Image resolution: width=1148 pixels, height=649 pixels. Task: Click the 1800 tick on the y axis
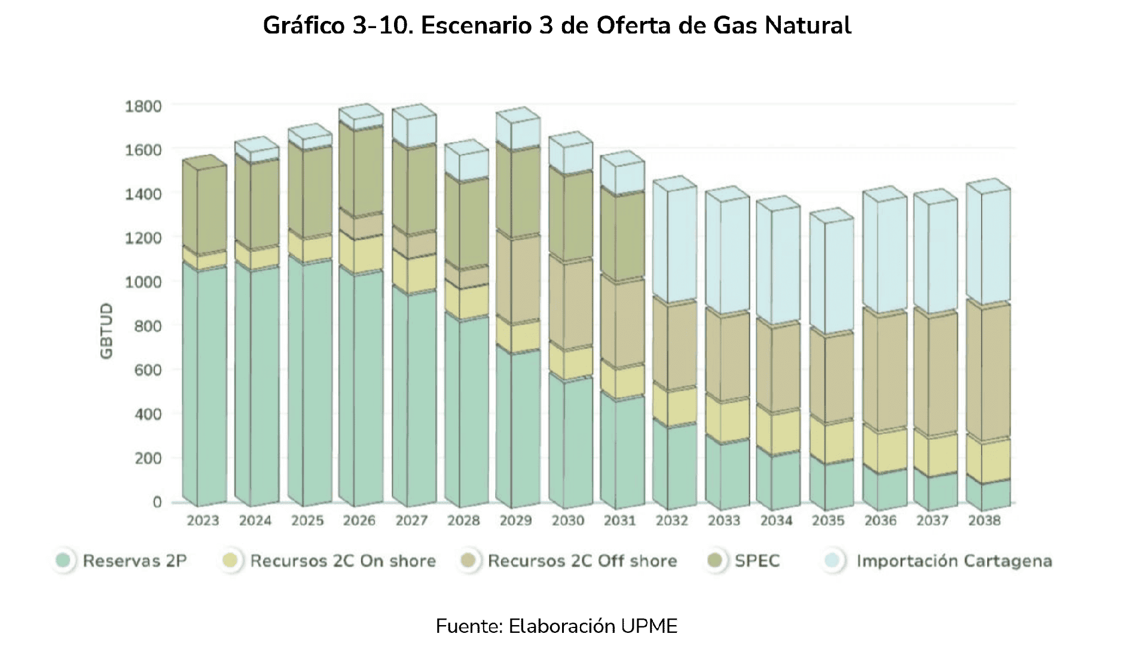[143, 106]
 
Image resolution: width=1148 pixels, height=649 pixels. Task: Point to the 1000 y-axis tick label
[143, 282]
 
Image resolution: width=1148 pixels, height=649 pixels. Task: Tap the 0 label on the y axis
[157, 502]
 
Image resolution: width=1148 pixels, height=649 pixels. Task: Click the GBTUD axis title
[106, 331]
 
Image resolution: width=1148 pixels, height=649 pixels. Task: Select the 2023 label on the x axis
[203, 521]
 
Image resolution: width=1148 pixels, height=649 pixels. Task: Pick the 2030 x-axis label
[567, 521]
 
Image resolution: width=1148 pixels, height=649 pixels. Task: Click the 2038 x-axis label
[984, 521]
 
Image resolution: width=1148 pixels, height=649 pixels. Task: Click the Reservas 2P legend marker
[63, 561]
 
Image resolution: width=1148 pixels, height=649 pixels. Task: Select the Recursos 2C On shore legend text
[343, 561]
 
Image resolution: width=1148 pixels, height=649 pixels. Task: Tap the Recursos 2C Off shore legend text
[582, 561]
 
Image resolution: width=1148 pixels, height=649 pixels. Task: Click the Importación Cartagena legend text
[954, 561]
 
